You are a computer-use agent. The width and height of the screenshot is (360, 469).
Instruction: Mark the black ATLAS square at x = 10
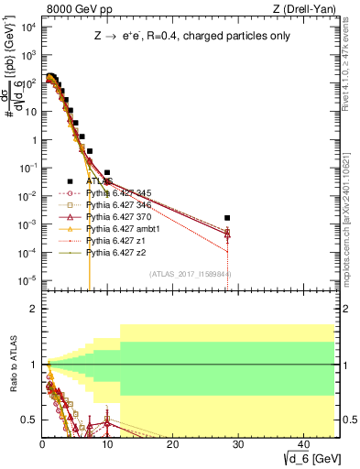point(107,172)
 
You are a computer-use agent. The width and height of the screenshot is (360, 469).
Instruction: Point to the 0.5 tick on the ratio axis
point(29,420)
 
